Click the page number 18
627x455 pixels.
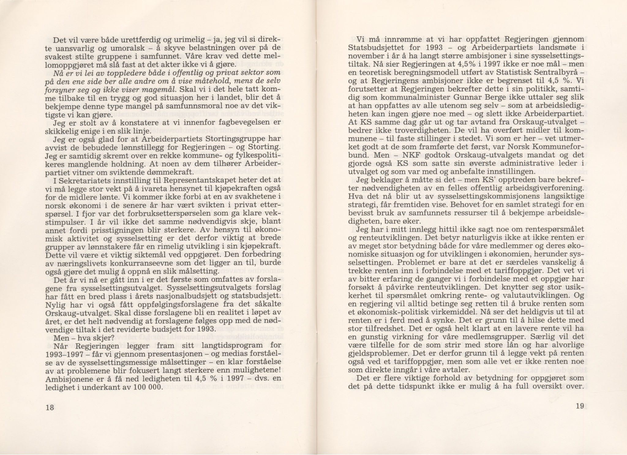click(x=50, y=408)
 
